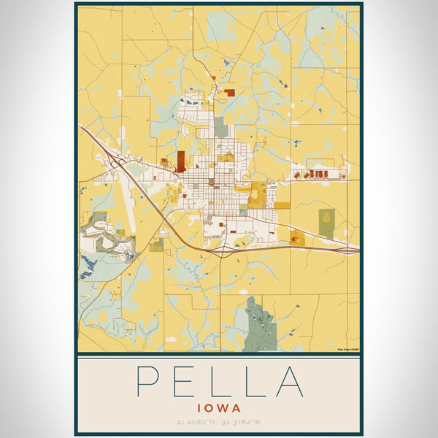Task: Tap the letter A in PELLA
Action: pyautogui.click(x=289, y=380)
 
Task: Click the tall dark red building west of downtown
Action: pyautogui.click(x=180, y=161)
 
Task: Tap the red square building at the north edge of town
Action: pyautogui.click(x=230, y=93)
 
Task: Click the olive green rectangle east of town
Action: pyautogui.click(x=326, y=217)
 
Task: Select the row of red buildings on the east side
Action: pyautogui.click(x=318, y=174)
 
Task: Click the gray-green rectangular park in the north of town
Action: pyautogui.click(x=220, y=126)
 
